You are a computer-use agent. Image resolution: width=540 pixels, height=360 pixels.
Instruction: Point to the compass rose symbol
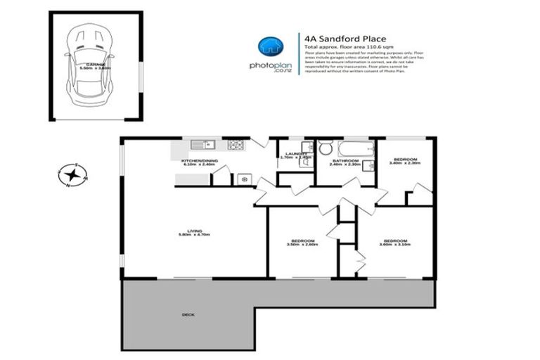[73, 174]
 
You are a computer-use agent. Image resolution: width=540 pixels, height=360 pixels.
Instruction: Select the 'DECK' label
[188, 314]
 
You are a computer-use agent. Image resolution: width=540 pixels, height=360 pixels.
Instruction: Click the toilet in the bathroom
[325, 148]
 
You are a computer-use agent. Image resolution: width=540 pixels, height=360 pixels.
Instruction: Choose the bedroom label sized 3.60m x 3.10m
[394, 241]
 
